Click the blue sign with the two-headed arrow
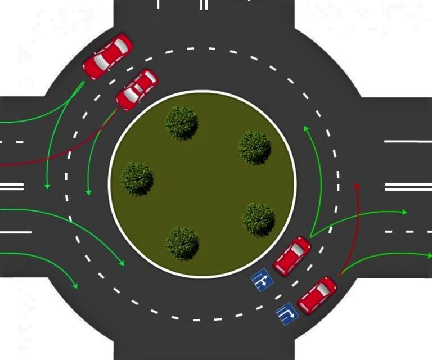tap(262, 280)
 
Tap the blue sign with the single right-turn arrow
tap(287, 314)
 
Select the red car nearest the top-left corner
tap(107, 56)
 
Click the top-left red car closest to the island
tap(137, 89)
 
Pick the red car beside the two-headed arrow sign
tap(292, 256)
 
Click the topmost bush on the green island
tap(182, 122)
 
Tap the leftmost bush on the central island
tap(137, 178)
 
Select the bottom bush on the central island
tap(182, 242)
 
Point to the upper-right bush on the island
tap(255, 147)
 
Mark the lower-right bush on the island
tap(258, 219)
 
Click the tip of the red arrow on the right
tap(356, 185)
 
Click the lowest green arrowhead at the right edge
tap(427, 255)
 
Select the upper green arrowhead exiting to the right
tap(404, 212)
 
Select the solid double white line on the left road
tap(12, 186)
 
